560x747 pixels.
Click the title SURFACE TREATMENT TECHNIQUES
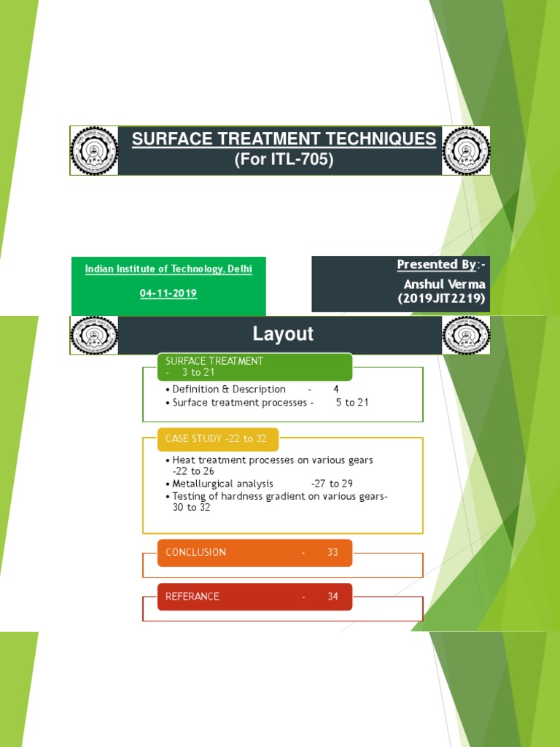click(x=284, y=139)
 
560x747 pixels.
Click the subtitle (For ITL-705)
click(x=284, y=160)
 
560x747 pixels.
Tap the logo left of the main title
click(x=94, y=151)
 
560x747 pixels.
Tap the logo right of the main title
click(x=466, y=151)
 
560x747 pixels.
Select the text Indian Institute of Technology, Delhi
click(x=168, y=269)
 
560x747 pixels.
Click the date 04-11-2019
click(x=168, y=293)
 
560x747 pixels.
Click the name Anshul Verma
click(x=445, y=284)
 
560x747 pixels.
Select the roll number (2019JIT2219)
click(x=441, y=298)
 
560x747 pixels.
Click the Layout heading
click(x=283, y=334)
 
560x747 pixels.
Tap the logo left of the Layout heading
click(x=94, y=336)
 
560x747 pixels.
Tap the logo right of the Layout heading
click(x=466, y=336)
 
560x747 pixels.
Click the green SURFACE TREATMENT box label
click(x=214, y=361)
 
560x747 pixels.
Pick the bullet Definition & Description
click(x=229, y=390)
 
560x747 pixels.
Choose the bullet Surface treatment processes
click(x=239, y=403)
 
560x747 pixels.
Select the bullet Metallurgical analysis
click(x=222, y=484)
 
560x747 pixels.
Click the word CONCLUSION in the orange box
click(x=195, y=552)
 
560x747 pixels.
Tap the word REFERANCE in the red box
click(x=192, y=596)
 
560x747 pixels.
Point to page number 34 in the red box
click(x=332, y=596)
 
